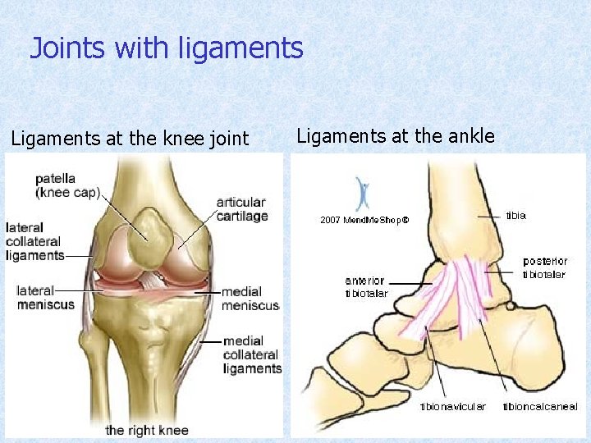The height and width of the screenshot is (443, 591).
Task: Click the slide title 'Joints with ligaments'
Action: (167, 49)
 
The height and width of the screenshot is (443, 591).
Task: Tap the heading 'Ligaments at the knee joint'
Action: (130, 139)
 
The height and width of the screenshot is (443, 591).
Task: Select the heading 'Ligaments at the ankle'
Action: (396, 136)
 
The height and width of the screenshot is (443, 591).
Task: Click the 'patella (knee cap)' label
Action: (67, 185)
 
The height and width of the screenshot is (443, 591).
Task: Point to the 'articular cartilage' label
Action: (241, 208)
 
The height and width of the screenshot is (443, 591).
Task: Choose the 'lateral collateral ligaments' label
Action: (34, 241)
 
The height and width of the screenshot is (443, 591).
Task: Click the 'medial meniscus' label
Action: (250, 299)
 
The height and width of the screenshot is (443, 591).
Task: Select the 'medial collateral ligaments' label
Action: (251, 354)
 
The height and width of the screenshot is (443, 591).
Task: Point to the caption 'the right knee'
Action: (147, 430)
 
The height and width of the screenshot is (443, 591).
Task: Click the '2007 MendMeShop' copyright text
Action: (364, 220)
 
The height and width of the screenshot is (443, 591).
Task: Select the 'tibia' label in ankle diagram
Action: (515, 216)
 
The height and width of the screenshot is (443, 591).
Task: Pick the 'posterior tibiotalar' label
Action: (544, 267)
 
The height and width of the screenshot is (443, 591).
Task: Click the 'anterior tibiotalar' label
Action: (366, 287)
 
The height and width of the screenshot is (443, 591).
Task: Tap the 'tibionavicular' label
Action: (452, 406)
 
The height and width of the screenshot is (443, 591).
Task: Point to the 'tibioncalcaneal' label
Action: (539, 406)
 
